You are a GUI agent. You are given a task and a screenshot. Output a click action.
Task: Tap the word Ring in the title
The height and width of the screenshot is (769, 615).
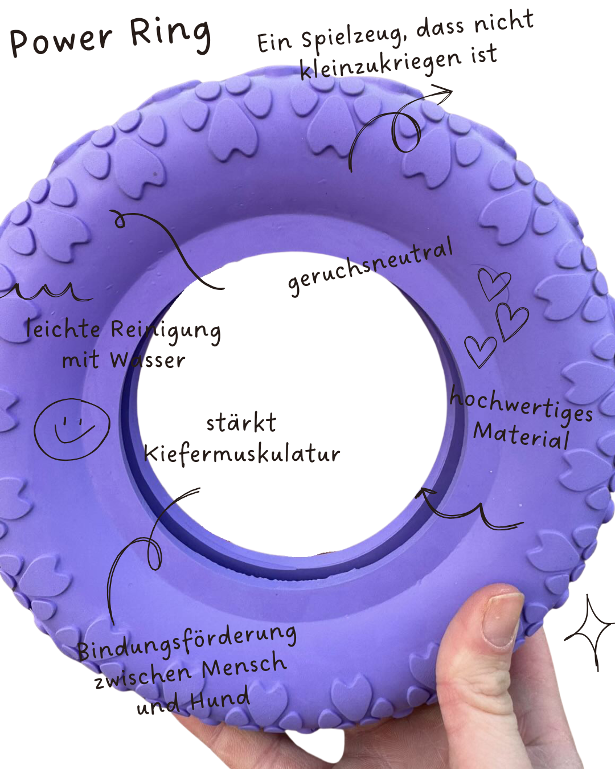tap(171, 34)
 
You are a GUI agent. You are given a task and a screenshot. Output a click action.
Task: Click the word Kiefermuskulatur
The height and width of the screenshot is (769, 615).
tap(241, 454)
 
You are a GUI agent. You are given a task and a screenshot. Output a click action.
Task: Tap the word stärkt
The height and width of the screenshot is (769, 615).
tap(241, 423)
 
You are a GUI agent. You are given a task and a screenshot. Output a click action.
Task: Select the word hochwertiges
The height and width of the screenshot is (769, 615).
tap(521, 405)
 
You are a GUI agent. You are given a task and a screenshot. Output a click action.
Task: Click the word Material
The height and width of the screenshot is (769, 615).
tap(521, 436)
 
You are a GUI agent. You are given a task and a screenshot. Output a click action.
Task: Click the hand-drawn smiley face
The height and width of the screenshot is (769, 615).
tap(71, 428)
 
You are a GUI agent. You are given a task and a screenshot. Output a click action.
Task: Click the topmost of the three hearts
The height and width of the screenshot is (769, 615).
tap(493, 283)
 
